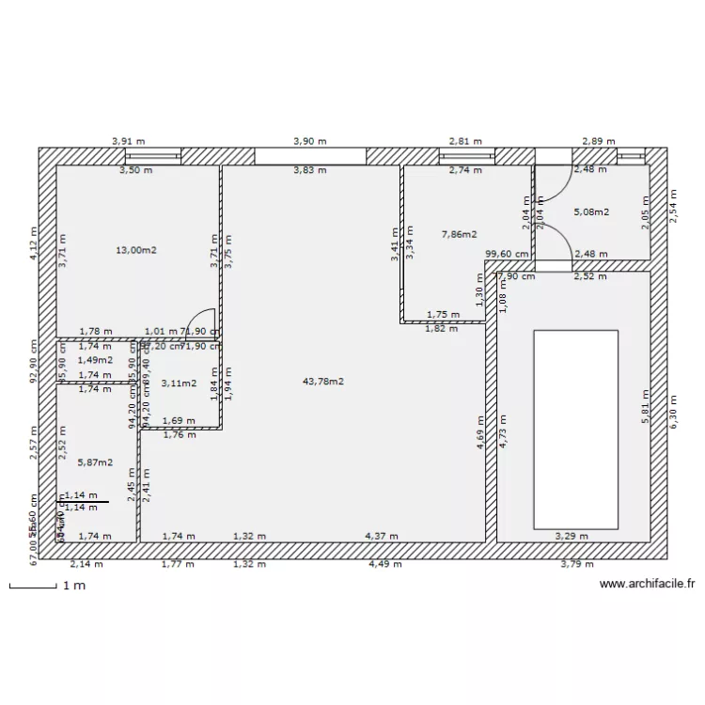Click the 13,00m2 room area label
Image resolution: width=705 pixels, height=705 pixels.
point(136,250)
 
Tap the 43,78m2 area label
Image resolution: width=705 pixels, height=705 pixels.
point(322,381)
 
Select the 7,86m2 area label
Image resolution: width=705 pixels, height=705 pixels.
point(459,234)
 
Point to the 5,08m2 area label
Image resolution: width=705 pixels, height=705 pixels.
point(591,212)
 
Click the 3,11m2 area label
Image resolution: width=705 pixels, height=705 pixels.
point(179,383)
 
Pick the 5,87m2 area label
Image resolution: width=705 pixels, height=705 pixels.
point(95,462)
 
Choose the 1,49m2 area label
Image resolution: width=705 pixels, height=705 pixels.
point(95,360)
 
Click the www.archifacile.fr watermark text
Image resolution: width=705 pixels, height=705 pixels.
point(647,584)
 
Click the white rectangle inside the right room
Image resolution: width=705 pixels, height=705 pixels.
point(575,429)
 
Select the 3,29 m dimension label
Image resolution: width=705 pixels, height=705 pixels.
point(572,536)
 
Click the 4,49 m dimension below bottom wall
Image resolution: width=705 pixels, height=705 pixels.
point(384,565)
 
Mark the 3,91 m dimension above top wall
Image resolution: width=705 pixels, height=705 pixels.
point(128,141)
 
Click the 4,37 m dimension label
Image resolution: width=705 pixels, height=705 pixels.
point(382,536)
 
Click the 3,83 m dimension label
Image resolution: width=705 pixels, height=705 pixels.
point(310,170)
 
